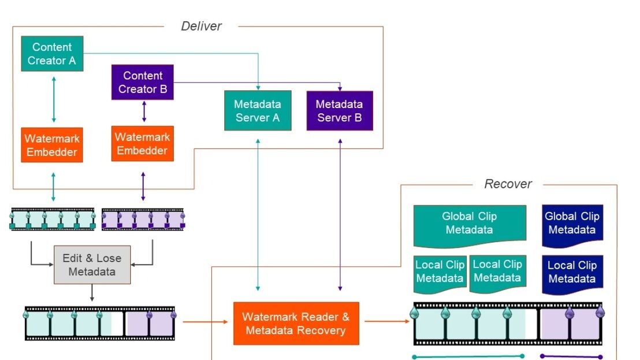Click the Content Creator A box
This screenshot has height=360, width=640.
tap(52, 54)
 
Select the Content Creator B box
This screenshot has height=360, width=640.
tap(143, 82)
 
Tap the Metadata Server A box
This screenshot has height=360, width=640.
tap(258, 110)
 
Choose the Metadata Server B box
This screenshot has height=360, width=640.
tap(340, 110)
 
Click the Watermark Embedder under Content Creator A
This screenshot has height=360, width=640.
tap(52, 145)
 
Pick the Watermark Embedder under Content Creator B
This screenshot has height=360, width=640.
tap(143, 143)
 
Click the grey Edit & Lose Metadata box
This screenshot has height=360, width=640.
tap(92, 265)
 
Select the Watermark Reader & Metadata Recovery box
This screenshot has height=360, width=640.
tap(296, 323)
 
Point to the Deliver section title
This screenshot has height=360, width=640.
tap(201, 26)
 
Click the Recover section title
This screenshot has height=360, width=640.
tap(508, 184)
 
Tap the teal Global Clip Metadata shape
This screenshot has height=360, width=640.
tap(470, 226)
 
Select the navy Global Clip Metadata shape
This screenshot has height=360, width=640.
tap(572, 226)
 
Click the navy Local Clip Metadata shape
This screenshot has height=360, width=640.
tap(572, 274)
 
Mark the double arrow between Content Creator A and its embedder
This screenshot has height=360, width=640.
tap(54, 99)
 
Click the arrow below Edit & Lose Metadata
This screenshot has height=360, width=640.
tap(92, 293)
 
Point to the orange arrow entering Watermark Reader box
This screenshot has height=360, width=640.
tap(205, 322)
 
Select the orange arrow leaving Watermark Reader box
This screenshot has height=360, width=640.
tap(387, 321)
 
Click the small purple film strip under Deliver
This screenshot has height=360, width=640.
tap(143, 220)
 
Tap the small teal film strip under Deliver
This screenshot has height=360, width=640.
tap(53, 220)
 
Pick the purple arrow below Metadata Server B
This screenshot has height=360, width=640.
tap(340, 215)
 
